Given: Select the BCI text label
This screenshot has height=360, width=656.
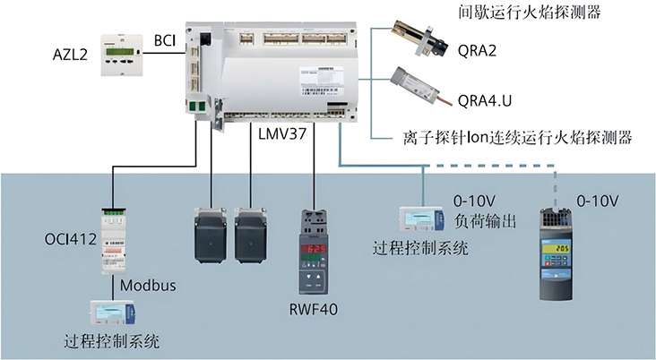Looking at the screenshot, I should pyautogui.click(x=165, y=40).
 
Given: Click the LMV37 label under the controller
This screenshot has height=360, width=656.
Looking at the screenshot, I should pyautogui.click(x=280, y=134).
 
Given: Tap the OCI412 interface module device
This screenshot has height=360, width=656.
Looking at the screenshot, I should pyautogui.click(x=113, y=239).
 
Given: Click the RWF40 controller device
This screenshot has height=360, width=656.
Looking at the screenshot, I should pyautogui.click(x=314, y=249).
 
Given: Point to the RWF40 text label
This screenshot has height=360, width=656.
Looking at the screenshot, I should pyautogui.click(x=314, y=311).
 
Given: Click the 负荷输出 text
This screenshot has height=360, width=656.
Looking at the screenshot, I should pyautogui.click(x=485, y=220).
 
